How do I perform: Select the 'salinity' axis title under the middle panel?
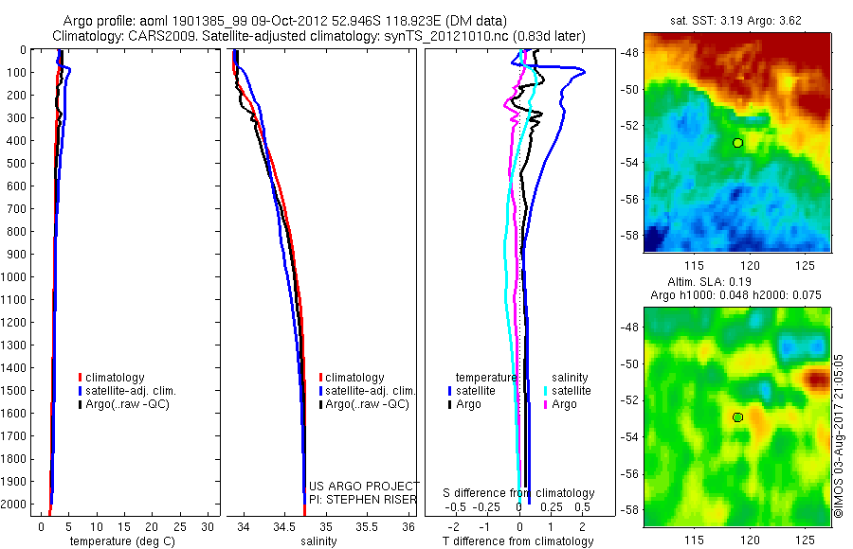(x=320, y=541)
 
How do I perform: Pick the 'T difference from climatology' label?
(x=518, y=541)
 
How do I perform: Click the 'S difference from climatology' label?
(x=519, y=493)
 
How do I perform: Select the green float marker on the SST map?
(x=737, y=143)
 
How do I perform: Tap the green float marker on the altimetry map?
(x=737, y=416)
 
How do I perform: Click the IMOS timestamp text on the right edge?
(x=840, y=436)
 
